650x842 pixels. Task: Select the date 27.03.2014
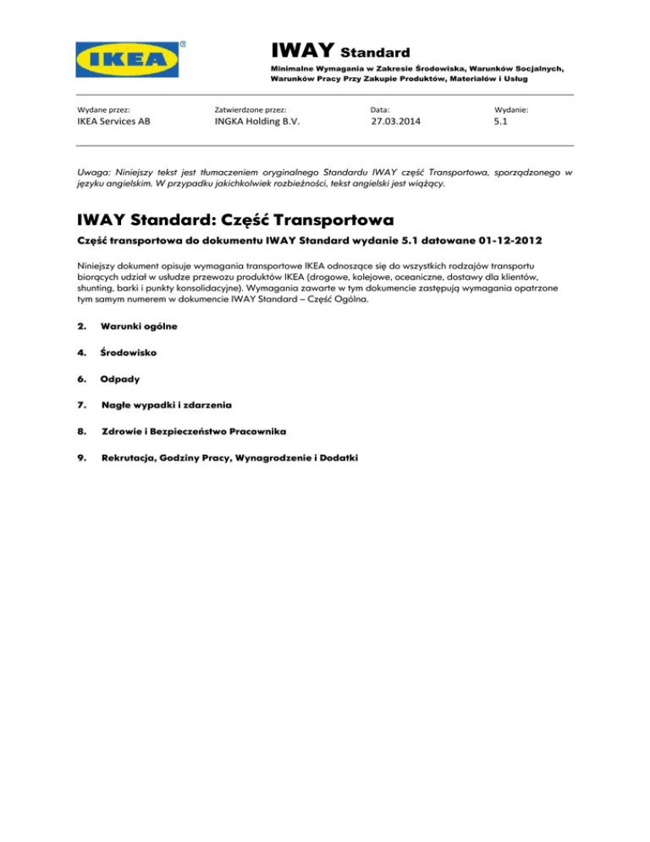[395, 122]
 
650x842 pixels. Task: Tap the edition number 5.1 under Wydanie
[501, 122]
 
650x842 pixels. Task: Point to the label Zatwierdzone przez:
[251, 109]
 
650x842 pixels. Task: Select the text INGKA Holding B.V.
[257, 122]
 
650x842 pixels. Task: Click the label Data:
[380, 109]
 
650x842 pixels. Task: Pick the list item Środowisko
[129, 352]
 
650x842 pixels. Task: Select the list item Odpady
[122, 379]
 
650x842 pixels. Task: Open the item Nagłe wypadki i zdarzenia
[165, 405]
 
